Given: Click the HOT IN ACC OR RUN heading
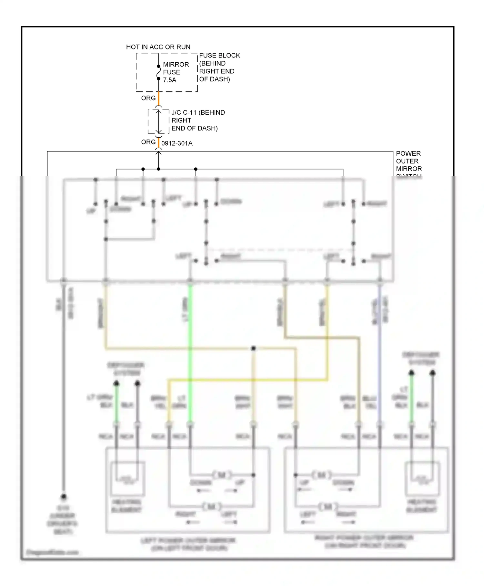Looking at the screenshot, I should (x=158, y=47).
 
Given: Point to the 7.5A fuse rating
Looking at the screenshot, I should (x=170, y=80).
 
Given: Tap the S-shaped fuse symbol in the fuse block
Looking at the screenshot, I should (x=158, y=72).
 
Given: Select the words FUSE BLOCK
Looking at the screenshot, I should (x=219, y=56).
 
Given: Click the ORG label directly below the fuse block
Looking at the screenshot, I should (x=148, y=98).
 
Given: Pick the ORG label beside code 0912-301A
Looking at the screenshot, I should (x=148, y=142).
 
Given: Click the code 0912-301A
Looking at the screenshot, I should (x=177, y=143).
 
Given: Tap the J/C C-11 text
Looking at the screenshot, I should (x=184, y=113).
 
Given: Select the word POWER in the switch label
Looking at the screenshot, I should (x=408, y=153).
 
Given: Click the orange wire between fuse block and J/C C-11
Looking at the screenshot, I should (x=158, y=99).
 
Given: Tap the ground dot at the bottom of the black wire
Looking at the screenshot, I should (x=64, y=497).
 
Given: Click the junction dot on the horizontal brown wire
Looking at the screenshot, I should (x=253, y=348).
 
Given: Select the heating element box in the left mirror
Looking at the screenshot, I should (x=127, y=479).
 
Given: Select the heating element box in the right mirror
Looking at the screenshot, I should (x=422, y=479).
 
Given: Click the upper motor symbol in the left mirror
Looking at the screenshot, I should (x=222, y=475).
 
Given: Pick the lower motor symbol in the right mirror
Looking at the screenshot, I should (x=328, y=507).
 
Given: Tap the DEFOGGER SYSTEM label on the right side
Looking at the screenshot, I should (x=421, y=359).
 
